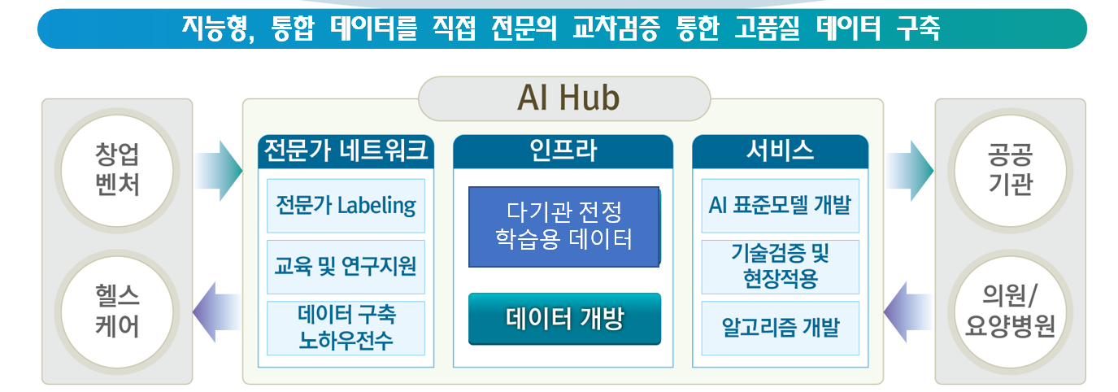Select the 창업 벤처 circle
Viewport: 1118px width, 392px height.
tap(117, 171)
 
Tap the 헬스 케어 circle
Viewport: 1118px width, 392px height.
tap(117, 311)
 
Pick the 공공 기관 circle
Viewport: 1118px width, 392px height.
tap(1010, 171)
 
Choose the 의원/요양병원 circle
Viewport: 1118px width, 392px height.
tap(1010, 311)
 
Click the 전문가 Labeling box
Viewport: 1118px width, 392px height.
tap(346, 206)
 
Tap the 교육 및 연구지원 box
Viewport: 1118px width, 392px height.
tap(346, 266)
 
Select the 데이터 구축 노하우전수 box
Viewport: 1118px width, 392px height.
tap(346, 327)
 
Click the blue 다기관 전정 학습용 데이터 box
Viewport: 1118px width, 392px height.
tap(563, 227)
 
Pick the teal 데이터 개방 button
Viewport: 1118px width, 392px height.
tap(564, 318)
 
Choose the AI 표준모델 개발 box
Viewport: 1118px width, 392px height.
tap(780, 206)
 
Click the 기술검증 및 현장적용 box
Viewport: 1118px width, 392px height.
tap(780, 266)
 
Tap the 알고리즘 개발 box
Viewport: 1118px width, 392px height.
tap(780, 327)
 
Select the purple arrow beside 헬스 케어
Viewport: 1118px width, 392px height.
tap(215, 311)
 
